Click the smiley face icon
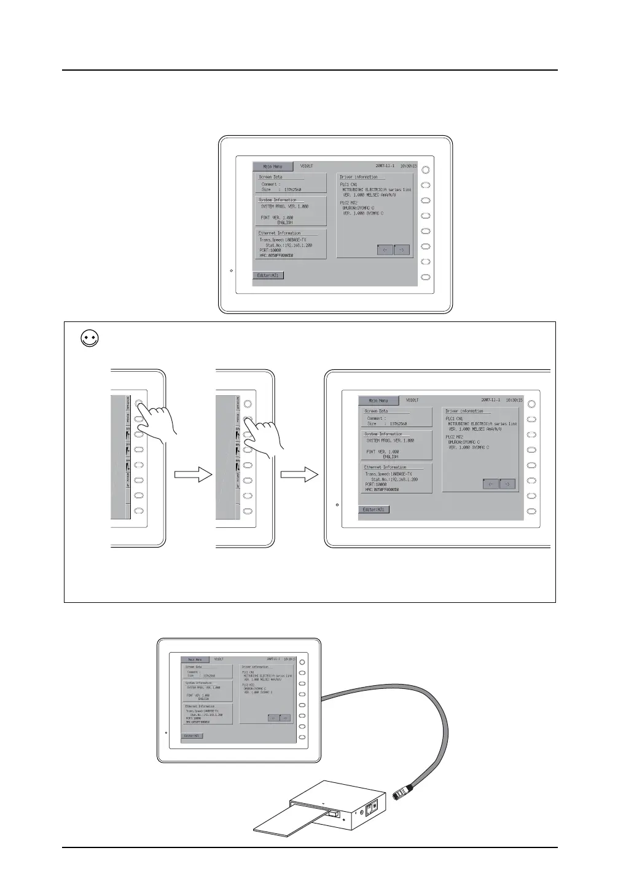90,339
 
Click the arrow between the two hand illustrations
193,474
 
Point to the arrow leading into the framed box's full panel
300,474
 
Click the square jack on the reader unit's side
370,804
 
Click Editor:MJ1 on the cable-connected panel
193,736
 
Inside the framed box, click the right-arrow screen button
507,484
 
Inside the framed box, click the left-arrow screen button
490,484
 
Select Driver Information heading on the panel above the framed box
359,177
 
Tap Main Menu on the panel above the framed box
272,167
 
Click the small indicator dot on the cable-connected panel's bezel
166,733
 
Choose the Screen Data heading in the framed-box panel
377,411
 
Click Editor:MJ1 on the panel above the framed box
268,275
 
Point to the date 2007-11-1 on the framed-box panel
490,400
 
